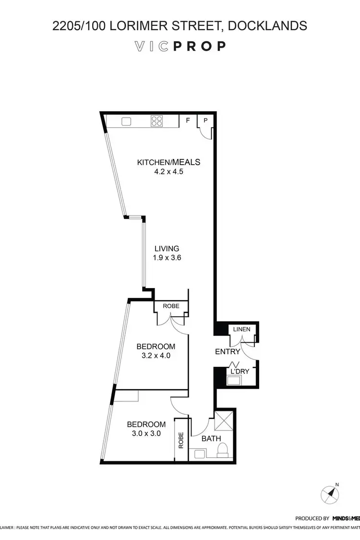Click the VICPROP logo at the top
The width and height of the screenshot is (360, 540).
pos(180,46)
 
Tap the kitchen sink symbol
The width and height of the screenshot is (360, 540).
pos(127,121)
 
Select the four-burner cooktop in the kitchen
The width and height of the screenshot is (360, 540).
pos(157,121)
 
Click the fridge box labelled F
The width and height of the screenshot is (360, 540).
pos(188,120)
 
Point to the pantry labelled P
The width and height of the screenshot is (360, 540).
pos(205,120)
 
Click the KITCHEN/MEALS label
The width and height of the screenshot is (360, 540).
pos(168,162)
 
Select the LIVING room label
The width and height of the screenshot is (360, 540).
pos(167,249)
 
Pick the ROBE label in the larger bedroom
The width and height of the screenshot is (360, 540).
pos(171,305)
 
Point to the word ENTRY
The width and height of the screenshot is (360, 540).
pos(228,352)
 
